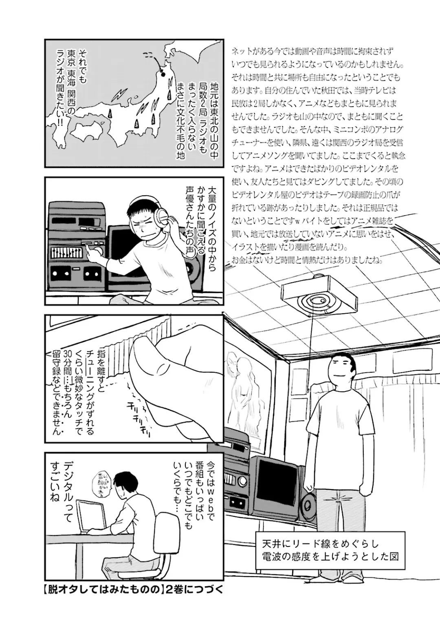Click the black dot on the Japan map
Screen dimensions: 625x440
[x=162, y=74]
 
